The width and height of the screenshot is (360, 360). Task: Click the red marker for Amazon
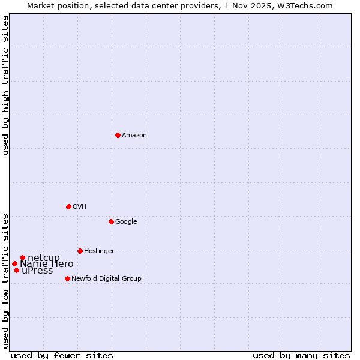[x=118, y=135]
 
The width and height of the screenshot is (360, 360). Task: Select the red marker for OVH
[x=68, y=206]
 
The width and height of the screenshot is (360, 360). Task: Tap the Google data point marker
[x=111, y=221]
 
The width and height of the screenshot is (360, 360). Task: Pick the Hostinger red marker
[x=80, y=251]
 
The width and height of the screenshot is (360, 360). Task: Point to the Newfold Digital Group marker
[x=67, y=278]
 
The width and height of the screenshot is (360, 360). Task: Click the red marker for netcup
[x=22, y=258]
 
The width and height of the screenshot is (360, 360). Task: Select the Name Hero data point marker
[x=14, y=263]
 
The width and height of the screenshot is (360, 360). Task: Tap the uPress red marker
[x=16, y=270]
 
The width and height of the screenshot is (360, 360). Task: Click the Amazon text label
[x=134, y=136]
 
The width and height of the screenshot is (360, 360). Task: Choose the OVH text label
[x=80, y=207]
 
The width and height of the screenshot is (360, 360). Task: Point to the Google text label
[x=126, y=222]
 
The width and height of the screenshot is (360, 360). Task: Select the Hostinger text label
[x=99, y=251]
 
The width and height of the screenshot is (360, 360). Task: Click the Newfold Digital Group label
[x=106, y=279]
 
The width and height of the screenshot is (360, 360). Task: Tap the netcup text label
[x=44, y=258]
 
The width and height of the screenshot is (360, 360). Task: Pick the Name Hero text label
[x=47, y=264]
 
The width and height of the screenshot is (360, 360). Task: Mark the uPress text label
[x=37, y=271]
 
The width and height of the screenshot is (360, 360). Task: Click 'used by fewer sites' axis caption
[x=62, y=356]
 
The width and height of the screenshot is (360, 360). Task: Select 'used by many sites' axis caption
[x=301, y=356]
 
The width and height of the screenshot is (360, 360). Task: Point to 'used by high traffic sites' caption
[x=6, y=85]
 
